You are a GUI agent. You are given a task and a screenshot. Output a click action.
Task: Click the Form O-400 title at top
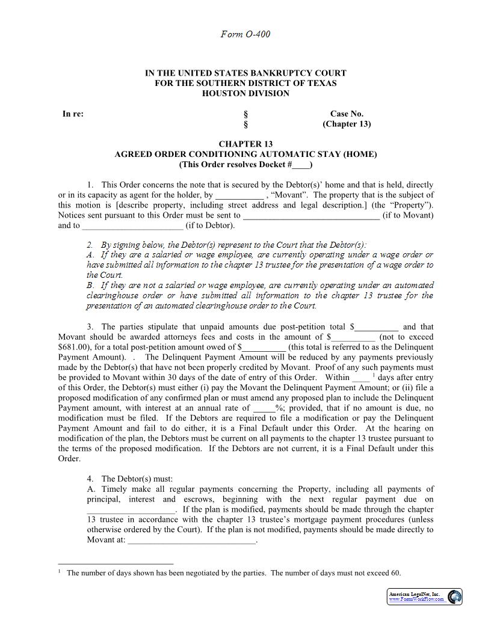245,34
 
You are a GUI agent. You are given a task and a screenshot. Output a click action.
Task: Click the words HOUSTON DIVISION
245,93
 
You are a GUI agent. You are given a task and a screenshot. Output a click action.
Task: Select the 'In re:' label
73,114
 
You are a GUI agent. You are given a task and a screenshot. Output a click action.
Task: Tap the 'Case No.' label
347,114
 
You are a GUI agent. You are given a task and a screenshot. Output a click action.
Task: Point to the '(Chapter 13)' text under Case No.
347,124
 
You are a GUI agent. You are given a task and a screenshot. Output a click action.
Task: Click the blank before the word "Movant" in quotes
239,195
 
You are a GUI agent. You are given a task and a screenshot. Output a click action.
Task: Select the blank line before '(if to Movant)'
311,215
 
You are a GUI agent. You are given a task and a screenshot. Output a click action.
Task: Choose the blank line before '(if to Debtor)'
132,225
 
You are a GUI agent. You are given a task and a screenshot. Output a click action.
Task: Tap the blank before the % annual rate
264,408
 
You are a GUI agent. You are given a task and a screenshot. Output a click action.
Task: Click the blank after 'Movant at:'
192,540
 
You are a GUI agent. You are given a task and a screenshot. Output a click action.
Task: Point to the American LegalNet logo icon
455,597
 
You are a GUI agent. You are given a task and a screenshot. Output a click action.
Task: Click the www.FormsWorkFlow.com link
416,600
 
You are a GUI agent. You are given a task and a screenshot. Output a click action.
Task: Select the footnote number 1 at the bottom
60,572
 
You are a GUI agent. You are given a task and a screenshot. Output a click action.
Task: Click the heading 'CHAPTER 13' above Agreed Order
245,144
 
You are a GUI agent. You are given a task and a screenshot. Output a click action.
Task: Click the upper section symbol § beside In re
245,114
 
